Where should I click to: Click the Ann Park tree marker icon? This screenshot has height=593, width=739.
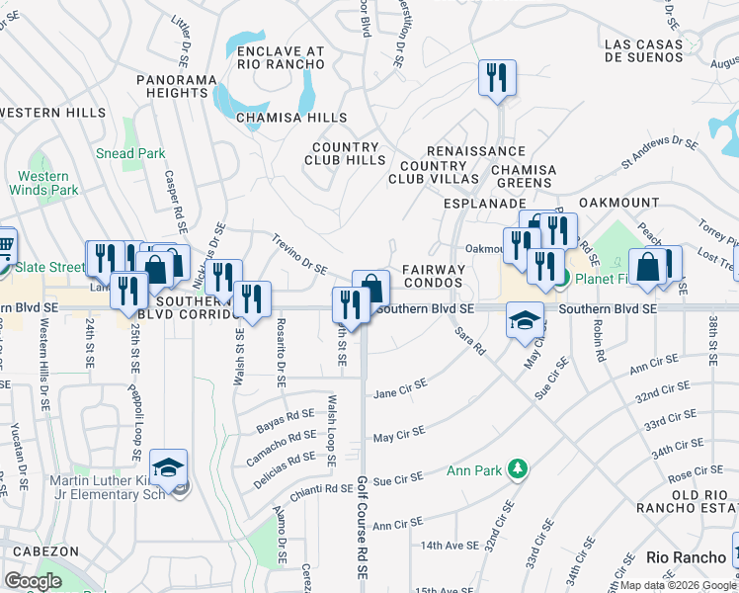[515, 467]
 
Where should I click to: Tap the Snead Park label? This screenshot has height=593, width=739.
[130, 153]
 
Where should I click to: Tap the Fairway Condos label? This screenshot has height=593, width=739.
[434, 276]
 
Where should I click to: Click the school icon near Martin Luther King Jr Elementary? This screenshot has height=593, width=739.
[169, 467]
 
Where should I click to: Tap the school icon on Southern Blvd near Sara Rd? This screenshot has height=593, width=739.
[526, 319]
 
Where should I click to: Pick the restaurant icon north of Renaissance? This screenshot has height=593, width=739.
[494, 77]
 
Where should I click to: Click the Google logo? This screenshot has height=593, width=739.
[34, 580]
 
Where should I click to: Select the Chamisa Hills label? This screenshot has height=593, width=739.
[291, 118]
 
